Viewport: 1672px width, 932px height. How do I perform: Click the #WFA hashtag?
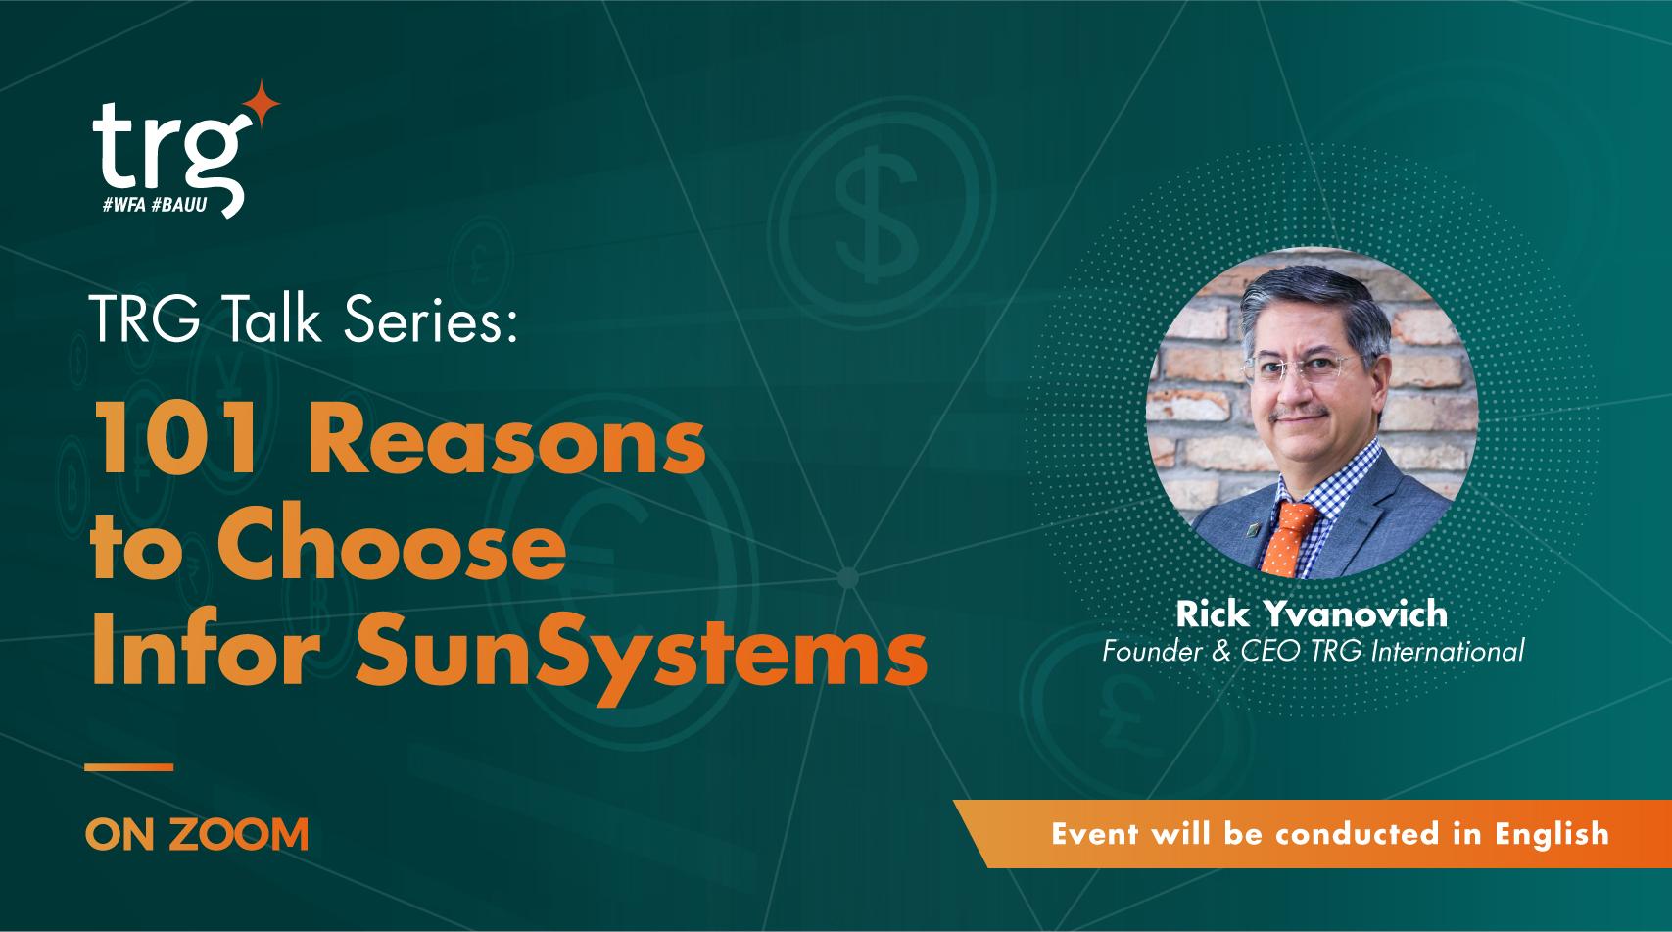pos(125,205)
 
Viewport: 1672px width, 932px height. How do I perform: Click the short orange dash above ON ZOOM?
pos(129,765)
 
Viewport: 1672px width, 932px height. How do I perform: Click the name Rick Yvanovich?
pos(1312,614)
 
